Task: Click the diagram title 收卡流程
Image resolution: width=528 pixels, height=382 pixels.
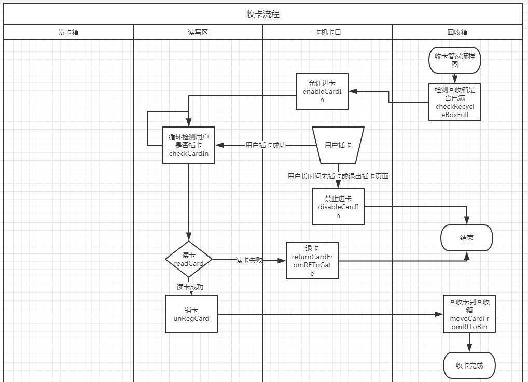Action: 263,14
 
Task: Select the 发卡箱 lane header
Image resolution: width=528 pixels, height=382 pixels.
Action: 68,32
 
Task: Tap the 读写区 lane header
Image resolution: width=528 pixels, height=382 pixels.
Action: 198,32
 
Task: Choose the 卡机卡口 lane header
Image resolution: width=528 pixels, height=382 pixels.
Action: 327,32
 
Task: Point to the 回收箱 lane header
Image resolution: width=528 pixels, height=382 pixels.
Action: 457,32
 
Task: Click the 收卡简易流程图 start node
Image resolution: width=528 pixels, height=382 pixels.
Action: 455,60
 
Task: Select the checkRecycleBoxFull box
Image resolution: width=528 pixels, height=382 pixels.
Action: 455,102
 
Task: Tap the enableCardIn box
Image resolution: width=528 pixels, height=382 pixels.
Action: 322,91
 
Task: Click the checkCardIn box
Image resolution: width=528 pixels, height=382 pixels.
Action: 189,145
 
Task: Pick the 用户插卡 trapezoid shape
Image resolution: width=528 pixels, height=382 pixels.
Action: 338,145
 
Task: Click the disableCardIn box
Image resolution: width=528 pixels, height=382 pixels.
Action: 338,207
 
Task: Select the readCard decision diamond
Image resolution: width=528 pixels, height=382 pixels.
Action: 189,259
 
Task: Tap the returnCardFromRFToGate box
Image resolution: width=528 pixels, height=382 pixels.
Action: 312,261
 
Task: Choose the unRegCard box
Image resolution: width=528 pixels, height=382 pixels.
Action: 191,314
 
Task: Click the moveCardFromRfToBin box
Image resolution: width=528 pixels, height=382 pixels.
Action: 469,314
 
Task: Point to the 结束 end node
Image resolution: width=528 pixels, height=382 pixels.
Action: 466,238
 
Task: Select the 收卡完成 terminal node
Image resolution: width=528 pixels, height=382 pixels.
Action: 469,365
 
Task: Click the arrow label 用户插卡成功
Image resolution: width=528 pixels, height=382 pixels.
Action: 266,145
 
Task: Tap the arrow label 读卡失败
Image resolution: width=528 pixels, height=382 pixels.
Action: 249,260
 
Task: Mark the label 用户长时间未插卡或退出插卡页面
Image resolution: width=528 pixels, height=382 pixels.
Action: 338,176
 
